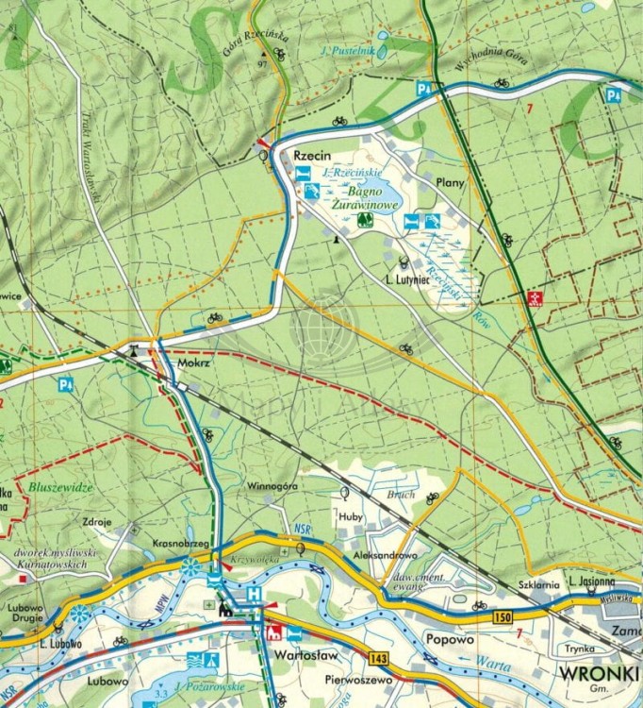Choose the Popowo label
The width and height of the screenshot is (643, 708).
[448, 638]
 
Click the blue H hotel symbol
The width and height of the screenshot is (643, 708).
[253, 593]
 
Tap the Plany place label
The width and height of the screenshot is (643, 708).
[451, 181]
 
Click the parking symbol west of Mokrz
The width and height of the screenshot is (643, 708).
[65, 384]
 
